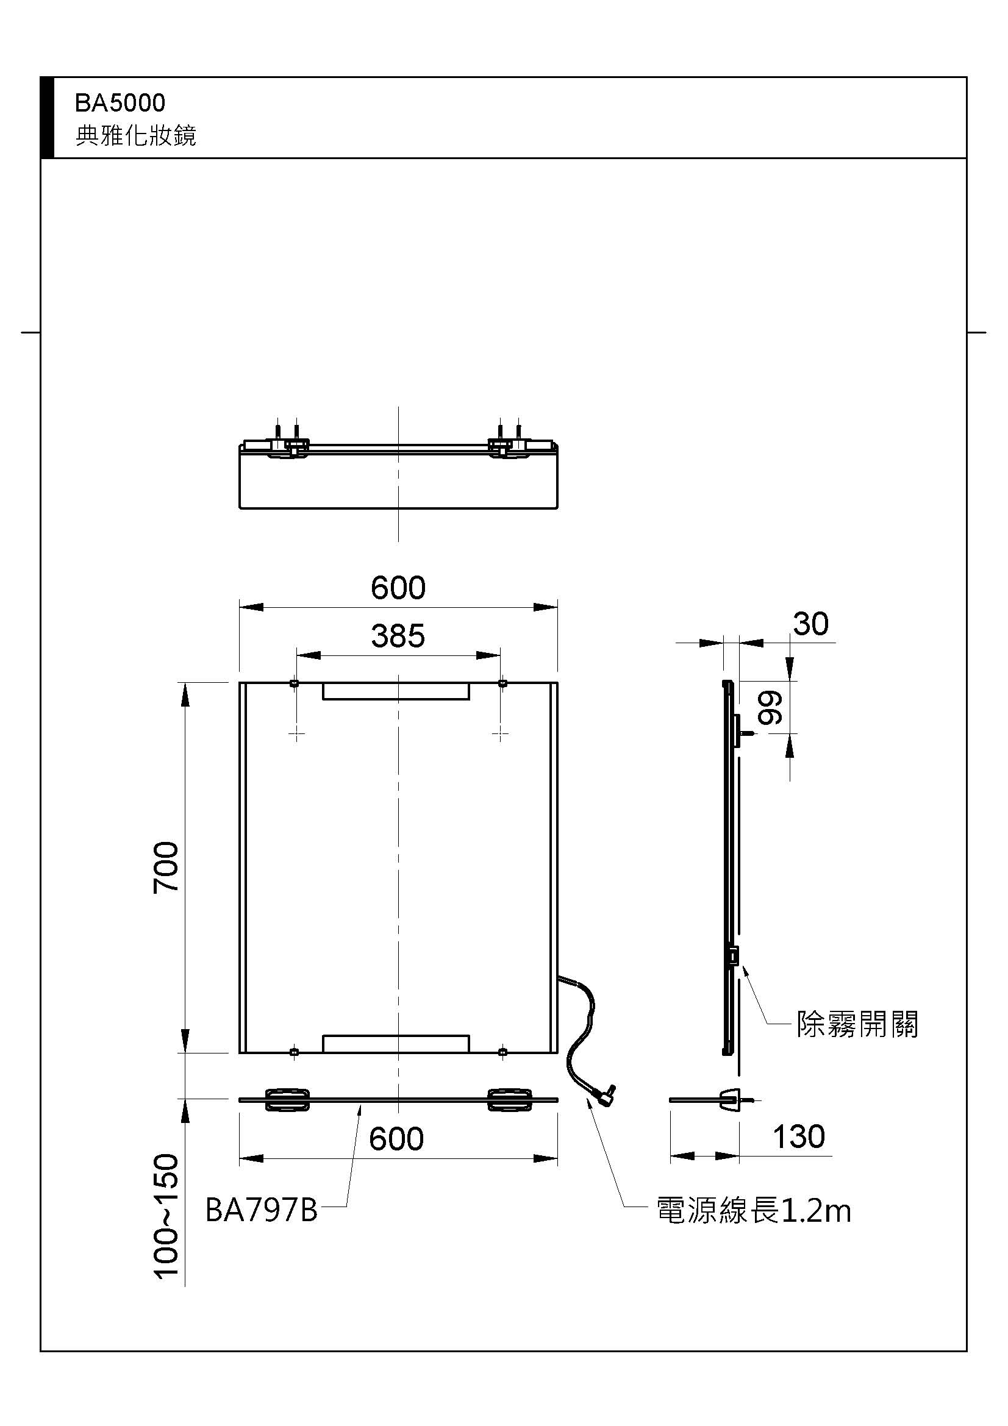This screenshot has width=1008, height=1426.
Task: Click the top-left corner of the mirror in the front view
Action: [x=240, y=682]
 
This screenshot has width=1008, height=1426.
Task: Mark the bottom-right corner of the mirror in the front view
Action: [x=557, y=1053]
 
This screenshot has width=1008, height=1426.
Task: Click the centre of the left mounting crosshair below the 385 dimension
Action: [x=297, y=734]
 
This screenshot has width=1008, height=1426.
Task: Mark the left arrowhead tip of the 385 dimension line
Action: [x=297, y=655]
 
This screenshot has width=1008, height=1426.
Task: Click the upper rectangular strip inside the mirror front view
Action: [x=396, y=691]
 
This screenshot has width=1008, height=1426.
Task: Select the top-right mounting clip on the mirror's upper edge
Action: [x=502, y=684]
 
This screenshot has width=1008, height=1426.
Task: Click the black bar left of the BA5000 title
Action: [x=47, y=118]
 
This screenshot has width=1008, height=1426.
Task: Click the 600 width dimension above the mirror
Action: [x=398, y=588]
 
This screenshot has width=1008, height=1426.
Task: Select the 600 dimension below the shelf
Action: [x=396, y=1139]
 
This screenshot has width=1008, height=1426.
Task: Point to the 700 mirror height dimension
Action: [x=166, y=867]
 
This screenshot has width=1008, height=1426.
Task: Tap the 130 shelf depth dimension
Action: [x=799, y=1136]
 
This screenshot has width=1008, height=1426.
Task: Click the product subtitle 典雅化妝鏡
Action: [x=136, y=135]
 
